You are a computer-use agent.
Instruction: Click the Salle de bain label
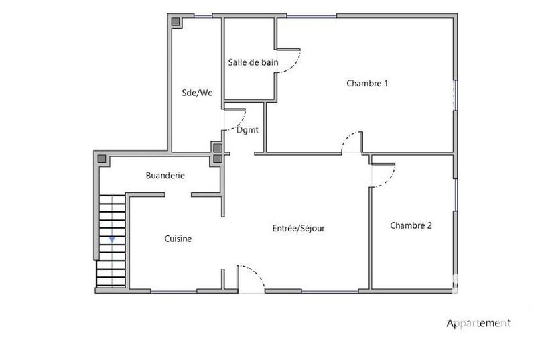tap(253, 62)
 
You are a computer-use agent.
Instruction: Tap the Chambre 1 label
tap(367, 84)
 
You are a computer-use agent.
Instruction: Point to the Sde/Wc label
tap(197, 93)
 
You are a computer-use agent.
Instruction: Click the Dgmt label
tap(247, 130)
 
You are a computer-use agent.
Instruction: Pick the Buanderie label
tap(165, 176)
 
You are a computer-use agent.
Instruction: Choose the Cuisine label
tap(178, 239)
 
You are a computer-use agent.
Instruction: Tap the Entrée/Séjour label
tap(298, 228)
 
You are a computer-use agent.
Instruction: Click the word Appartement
tap(478, 323)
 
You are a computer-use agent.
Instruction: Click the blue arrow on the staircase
tap(112, 238)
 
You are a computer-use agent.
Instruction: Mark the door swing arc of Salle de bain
tap(289, 64)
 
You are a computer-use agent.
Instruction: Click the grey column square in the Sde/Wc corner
tap(176, 22)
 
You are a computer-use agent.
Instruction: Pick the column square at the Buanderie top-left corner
tap(103, 160)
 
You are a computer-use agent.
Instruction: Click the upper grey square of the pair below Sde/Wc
tap(217, 147)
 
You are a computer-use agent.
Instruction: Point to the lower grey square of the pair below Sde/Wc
tap(217, 159)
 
